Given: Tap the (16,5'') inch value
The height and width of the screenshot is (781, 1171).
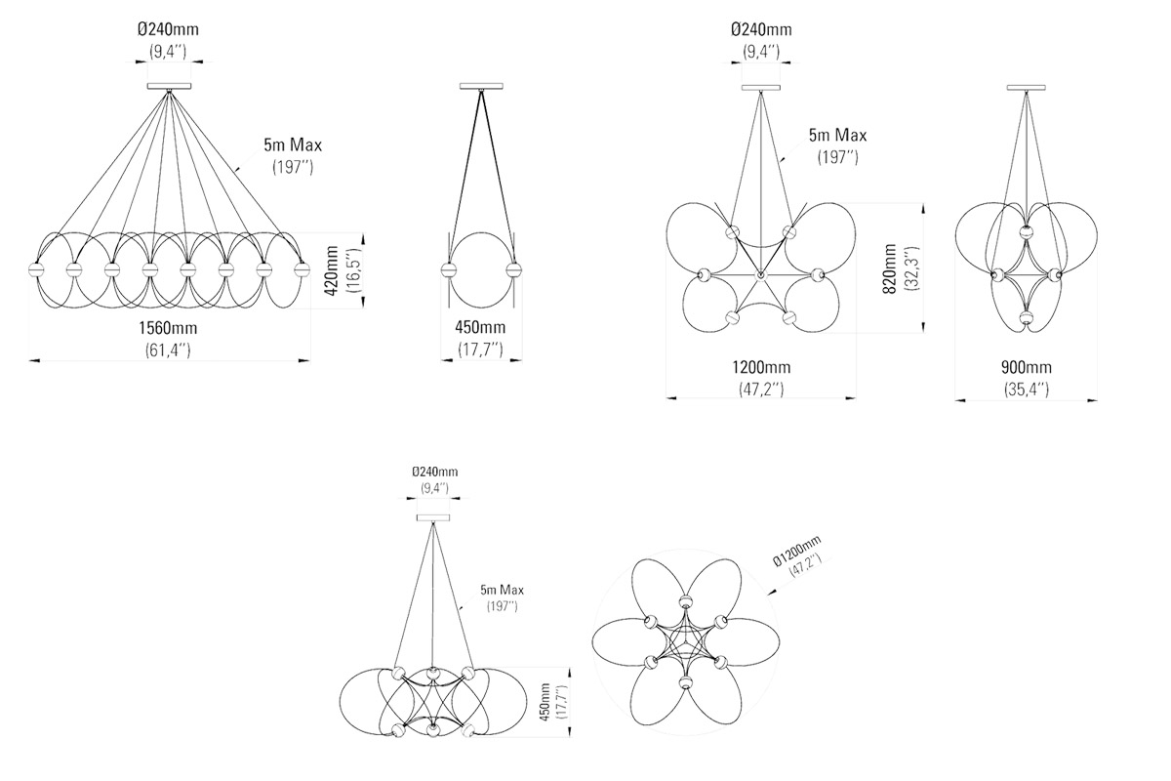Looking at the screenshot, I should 353,271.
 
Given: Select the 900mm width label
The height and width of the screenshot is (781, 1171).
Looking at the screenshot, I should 1026,368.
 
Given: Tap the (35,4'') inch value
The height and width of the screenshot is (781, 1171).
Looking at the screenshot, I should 1026,389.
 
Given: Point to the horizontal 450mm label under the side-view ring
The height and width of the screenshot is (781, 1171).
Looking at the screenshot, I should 480,328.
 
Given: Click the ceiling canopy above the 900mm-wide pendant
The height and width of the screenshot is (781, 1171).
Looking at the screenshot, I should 1027,87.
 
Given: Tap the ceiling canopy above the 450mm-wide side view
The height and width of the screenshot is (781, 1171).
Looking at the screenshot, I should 480,87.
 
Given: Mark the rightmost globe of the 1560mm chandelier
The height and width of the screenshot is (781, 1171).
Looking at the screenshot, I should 301,268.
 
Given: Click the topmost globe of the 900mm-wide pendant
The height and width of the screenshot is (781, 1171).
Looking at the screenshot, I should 1026,232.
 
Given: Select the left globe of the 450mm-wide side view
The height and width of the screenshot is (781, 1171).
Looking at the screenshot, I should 448,270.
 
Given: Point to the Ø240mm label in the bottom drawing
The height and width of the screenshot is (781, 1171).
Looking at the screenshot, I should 434,472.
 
